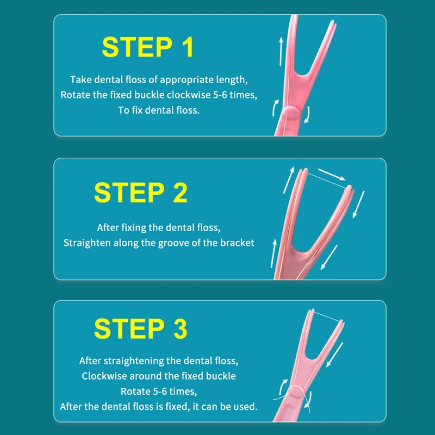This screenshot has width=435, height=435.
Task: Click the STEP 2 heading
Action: coord(141,192)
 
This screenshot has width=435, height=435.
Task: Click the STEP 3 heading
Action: coord(141,328)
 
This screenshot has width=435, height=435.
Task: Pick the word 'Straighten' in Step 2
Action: coord(87,243)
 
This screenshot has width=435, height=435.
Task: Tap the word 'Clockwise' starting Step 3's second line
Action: coord(104,376)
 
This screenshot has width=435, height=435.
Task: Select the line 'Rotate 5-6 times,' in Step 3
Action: coord(159,391)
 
